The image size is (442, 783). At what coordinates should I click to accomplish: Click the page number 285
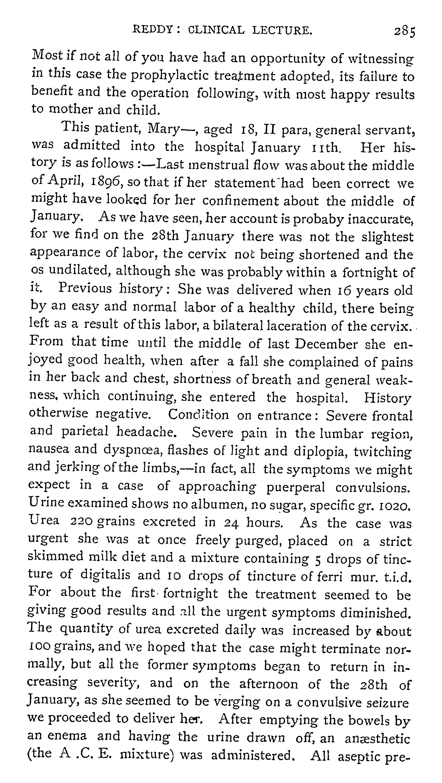coord(404,31)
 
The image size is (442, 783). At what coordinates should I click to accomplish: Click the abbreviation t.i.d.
coord(398,576)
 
